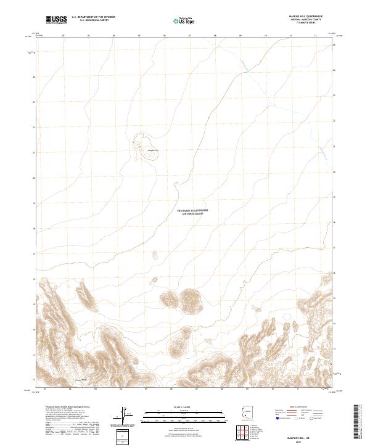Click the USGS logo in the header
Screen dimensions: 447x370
coord(56,20)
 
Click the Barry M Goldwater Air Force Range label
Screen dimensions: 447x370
coord(193,211)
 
